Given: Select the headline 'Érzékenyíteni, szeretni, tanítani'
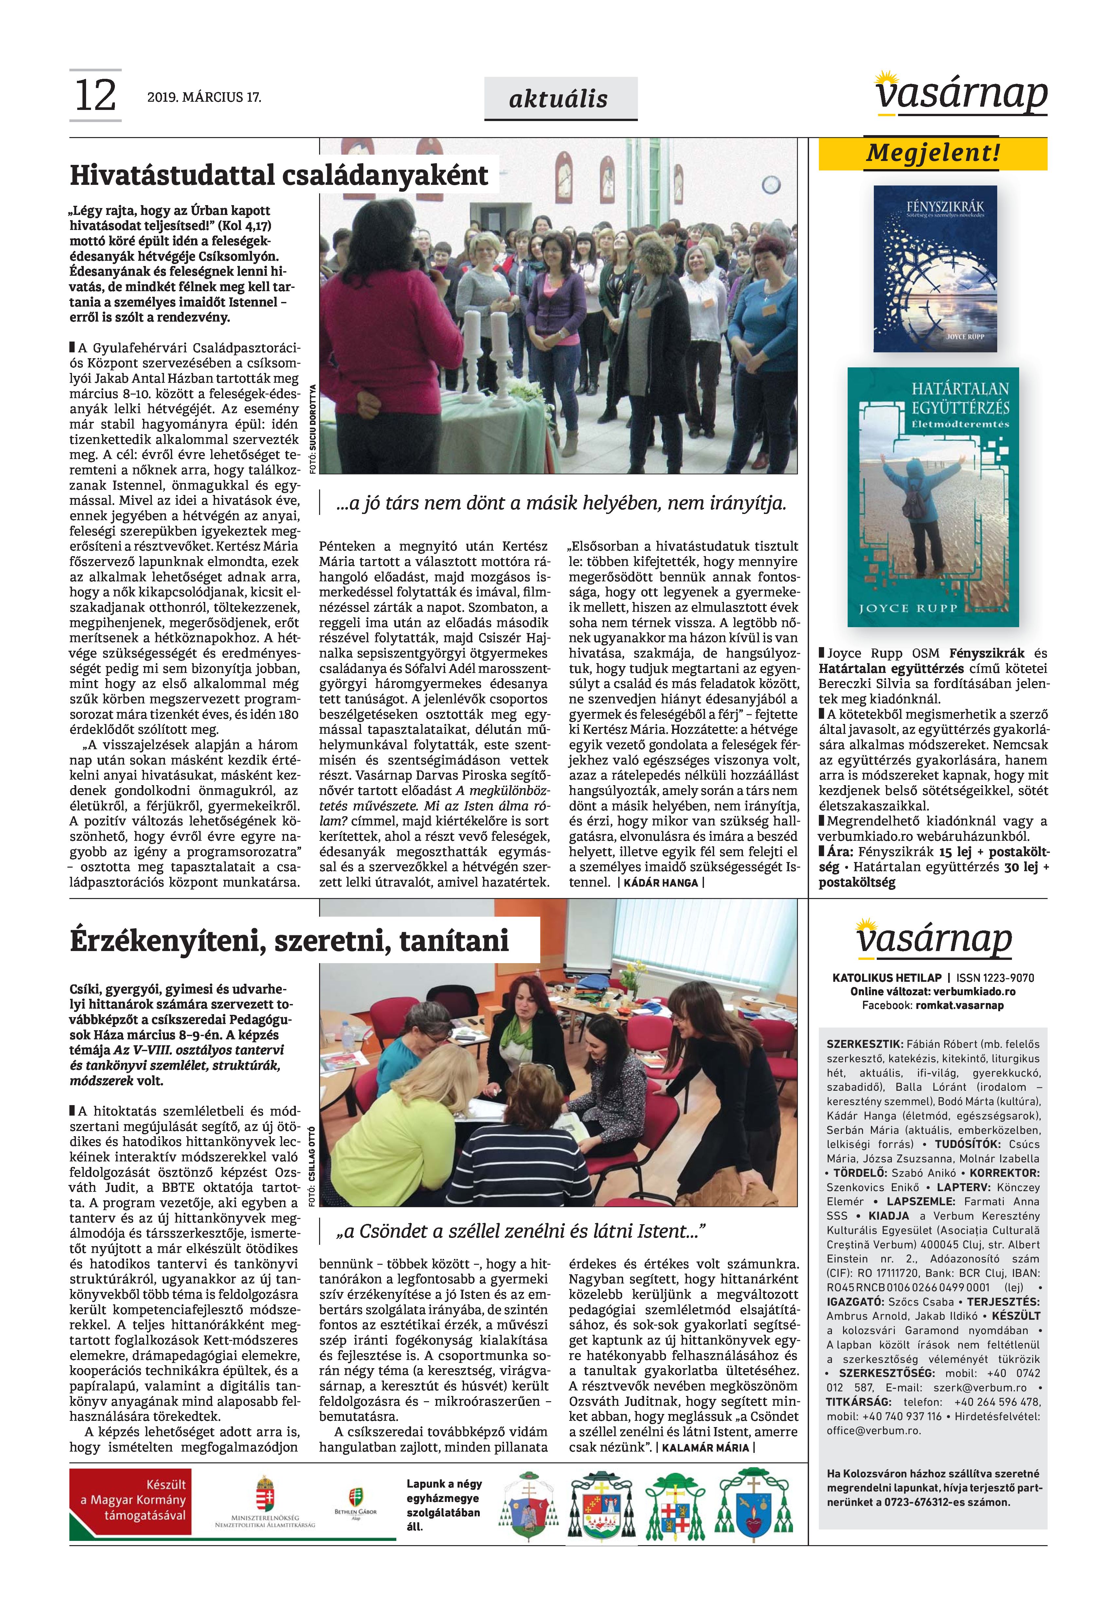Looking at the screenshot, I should click(289, 941).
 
